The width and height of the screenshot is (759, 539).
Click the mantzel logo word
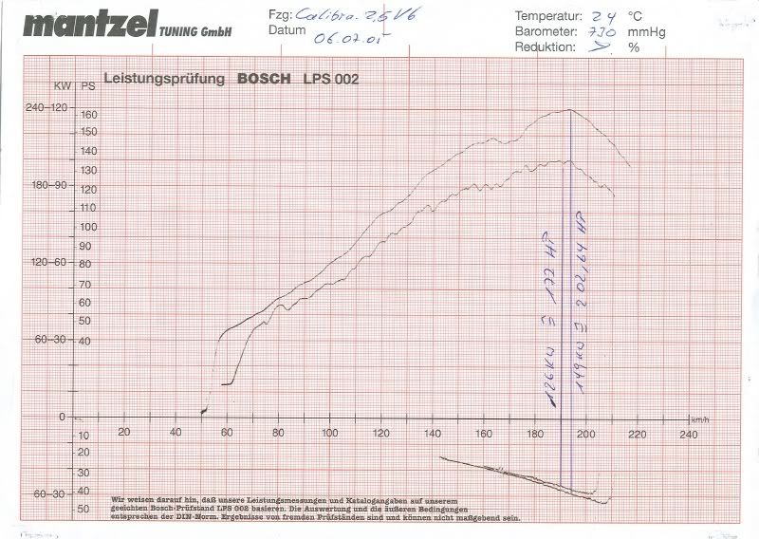coord(83,25)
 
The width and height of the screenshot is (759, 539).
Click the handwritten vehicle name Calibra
coord(326,14)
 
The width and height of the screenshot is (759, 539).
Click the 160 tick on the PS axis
coord(89,114)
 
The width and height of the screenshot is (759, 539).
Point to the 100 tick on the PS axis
coord(89,228)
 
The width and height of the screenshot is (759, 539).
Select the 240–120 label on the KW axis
coord(45,108)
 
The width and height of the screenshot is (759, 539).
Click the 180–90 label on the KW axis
coord(47,185)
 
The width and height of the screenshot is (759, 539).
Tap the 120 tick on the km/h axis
coord(381,433)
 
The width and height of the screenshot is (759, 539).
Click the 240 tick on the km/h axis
coord(689,433)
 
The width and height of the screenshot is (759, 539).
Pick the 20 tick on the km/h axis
coord(123,433)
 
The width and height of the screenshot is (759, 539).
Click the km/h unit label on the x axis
coord(699,418)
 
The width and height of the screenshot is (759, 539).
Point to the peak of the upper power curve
coord(567,110)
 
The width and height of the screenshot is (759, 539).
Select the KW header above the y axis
coord(62,86)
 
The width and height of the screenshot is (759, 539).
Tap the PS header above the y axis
coord(88,86)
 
